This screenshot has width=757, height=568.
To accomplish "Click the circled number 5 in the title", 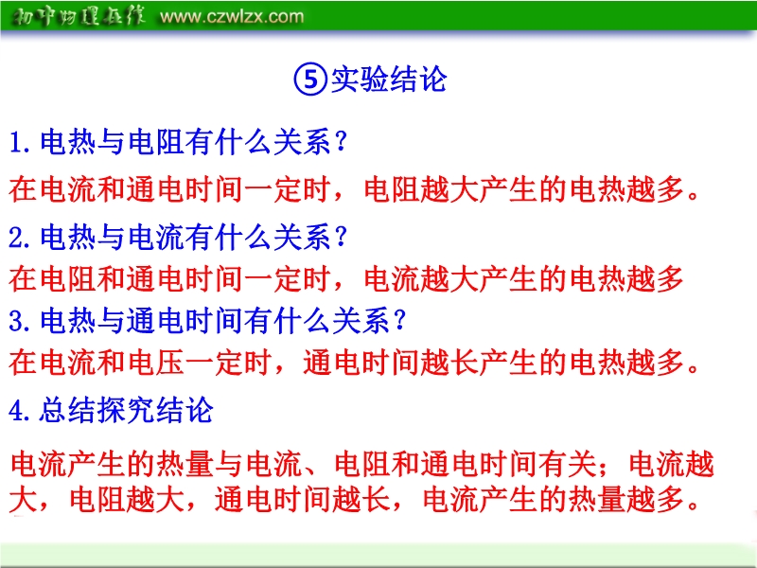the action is [310, 80].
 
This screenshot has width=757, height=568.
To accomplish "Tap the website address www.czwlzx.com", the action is [232, 17].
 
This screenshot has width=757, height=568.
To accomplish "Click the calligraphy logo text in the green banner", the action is [79, 16].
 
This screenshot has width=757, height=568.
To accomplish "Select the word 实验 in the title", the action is [360, 80].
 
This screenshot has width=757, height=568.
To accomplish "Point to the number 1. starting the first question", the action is [21, 144].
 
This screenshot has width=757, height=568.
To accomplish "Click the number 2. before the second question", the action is [21, 238].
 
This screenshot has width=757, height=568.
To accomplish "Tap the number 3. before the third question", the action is [21, 322].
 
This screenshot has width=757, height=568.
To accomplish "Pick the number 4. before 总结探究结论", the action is [21, 411].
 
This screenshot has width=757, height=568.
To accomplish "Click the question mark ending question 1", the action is [341, 143].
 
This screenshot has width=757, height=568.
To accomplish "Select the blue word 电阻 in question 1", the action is [156, 143].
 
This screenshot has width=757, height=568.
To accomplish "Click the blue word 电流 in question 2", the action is [156, 238].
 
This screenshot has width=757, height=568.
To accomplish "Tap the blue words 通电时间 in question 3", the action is [185, 322].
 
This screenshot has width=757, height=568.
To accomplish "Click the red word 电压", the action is [156, 364].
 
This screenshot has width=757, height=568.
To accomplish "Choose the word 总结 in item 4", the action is [67, 411].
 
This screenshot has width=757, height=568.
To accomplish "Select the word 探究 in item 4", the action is [126, 411].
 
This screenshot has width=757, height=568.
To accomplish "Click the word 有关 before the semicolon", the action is [568, 464].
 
